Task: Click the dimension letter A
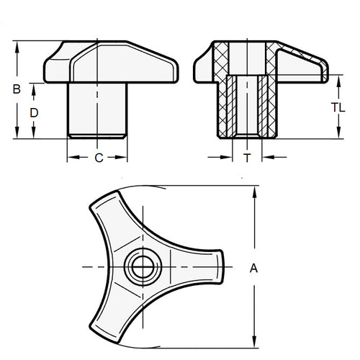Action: [x=253, y=268]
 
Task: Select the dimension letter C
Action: [x=98, y=158]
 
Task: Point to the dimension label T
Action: [x=247, y=156]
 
